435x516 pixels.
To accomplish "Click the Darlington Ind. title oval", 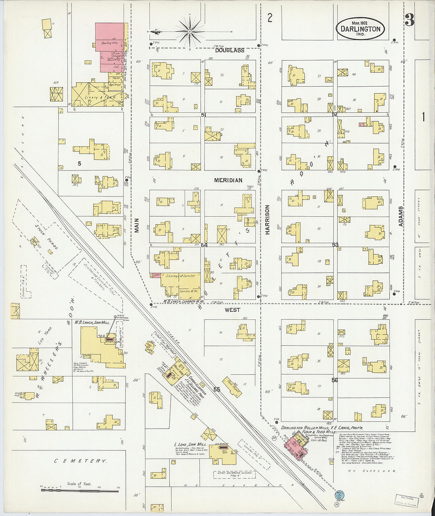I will (360, 28).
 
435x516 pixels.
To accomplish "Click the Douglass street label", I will (230, 50).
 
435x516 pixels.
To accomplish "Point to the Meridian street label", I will (228, 180).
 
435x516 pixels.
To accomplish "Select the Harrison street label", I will (267, 220).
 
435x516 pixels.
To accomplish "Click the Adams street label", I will (401, 216).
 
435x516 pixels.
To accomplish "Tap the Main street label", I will (137, 226).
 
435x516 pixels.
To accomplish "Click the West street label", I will (232, 310).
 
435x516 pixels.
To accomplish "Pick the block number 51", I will (204, 115).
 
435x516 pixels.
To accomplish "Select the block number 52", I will (335, 115).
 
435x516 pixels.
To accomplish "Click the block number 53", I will (335, 245).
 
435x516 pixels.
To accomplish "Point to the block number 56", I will (335, 380).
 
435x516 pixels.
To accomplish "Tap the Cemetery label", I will (80, 461).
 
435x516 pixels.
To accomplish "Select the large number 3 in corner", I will (409, 20).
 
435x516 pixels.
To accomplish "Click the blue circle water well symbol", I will (339, 495).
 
